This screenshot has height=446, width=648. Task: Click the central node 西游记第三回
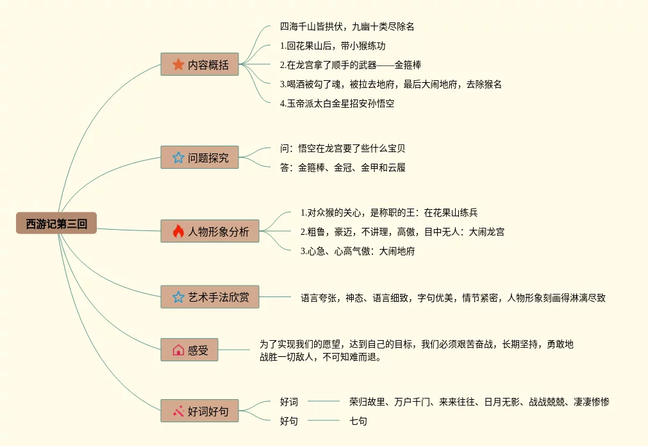pos(56,223)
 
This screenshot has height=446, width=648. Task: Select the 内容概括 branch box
pos(199,64)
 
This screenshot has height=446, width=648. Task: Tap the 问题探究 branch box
pos(199,157)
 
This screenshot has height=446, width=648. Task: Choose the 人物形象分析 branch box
pos(210,231)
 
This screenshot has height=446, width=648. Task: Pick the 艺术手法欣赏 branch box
pos(210,296)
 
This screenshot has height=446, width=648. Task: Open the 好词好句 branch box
pos(199,411)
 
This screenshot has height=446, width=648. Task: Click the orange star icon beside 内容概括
pos(178,64)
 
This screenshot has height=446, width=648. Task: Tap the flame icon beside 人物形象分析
pos(178,231)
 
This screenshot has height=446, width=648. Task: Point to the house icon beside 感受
pos(178,350)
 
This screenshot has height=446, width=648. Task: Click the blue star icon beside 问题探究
pos(178,157)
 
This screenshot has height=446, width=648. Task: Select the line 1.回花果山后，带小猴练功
pos(333,46)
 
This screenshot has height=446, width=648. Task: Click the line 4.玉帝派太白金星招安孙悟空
pos(337,103)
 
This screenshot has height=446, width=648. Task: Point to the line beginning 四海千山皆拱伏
pos(347,27)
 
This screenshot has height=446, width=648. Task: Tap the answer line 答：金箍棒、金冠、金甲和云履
pos(343,167)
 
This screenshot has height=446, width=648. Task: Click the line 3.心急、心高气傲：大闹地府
pos(358,251)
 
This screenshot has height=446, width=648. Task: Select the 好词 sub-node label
pos(289,402)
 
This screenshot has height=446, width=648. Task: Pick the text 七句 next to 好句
pos(358,421)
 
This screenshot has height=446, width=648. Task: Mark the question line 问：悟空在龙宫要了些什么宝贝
pos(343,148)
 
